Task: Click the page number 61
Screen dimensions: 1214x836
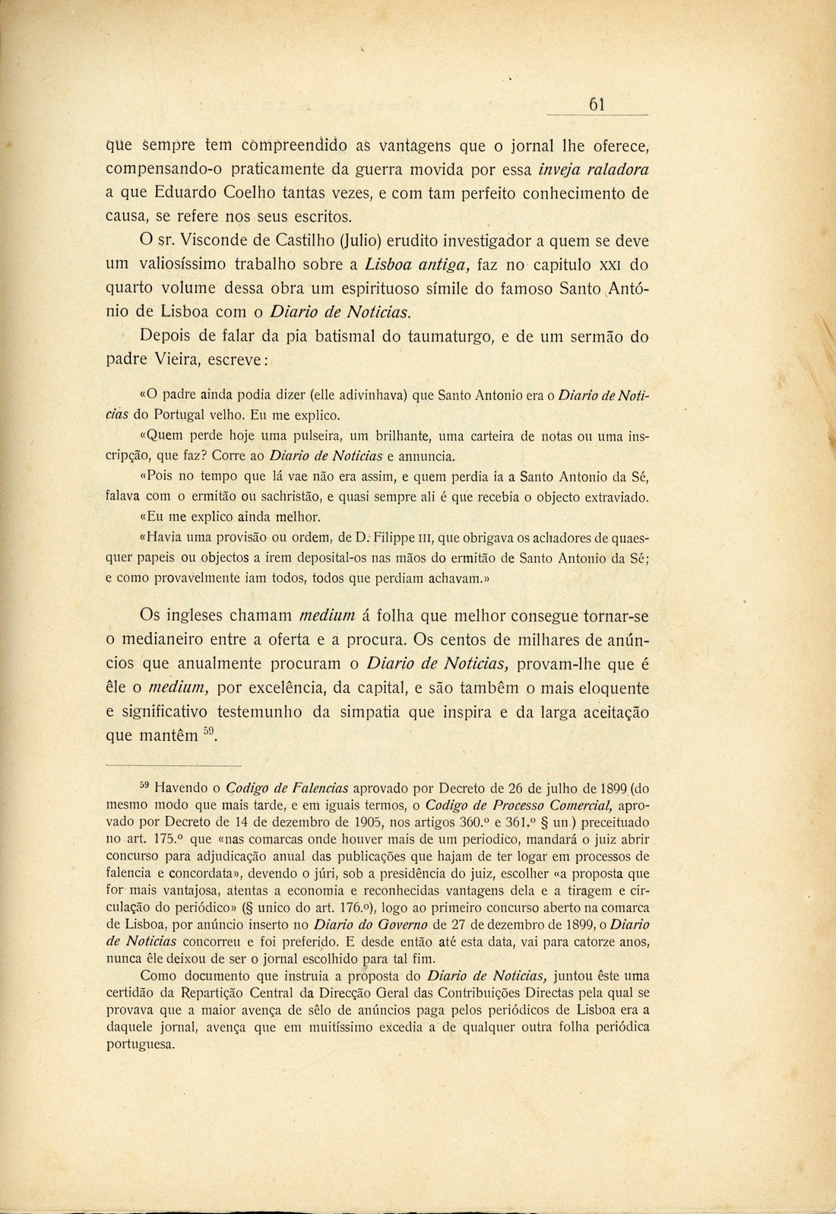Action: pyautogui.click(x=597, y=106)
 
